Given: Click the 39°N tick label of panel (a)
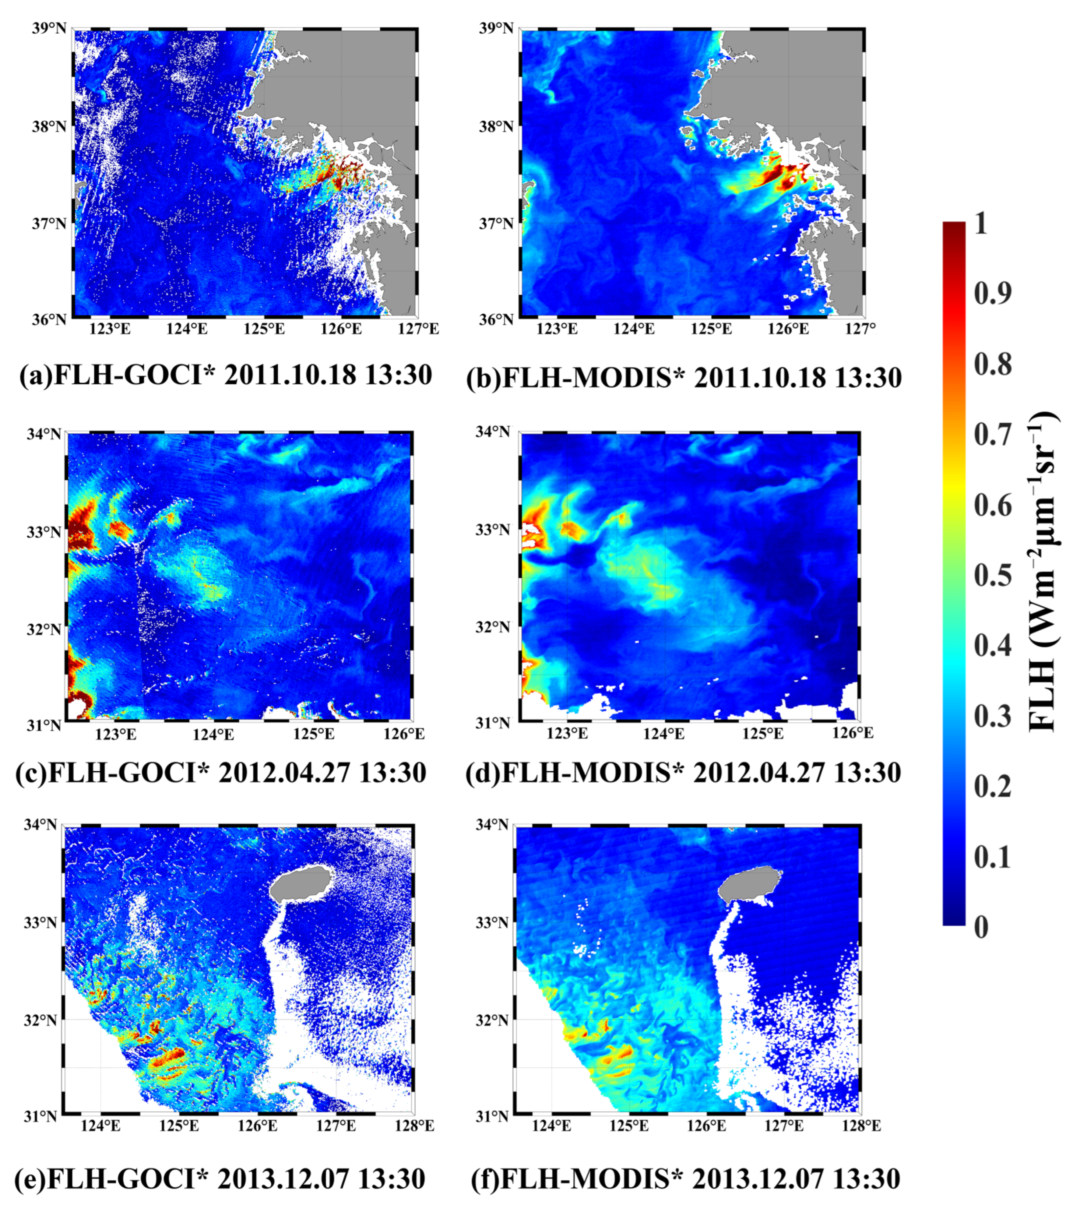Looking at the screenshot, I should [x=49, y=28].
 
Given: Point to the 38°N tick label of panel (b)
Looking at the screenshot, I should [x=496, y=126].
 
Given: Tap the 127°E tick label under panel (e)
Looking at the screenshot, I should [x=335, y=1126].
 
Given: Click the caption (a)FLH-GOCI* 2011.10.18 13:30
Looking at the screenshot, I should [x=226, y=375].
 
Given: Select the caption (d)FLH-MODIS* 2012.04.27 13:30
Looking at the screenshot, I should [x=683, y=772].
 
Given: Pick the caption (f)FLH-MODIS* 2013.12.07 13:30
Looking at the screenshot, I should [x=685, y=1178].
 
